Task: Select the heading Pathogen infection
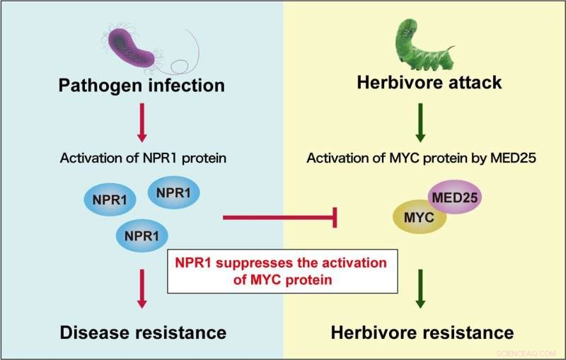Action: click(x=141, y=85)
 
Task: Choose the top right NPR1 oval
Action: click(x=173, y=191)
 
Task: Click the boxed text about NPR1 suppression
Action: click(x=281, y=272)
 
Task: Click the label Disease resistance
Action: click(x=142, y=332)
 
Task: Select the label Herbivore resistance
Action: click(x=422, y=332)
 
